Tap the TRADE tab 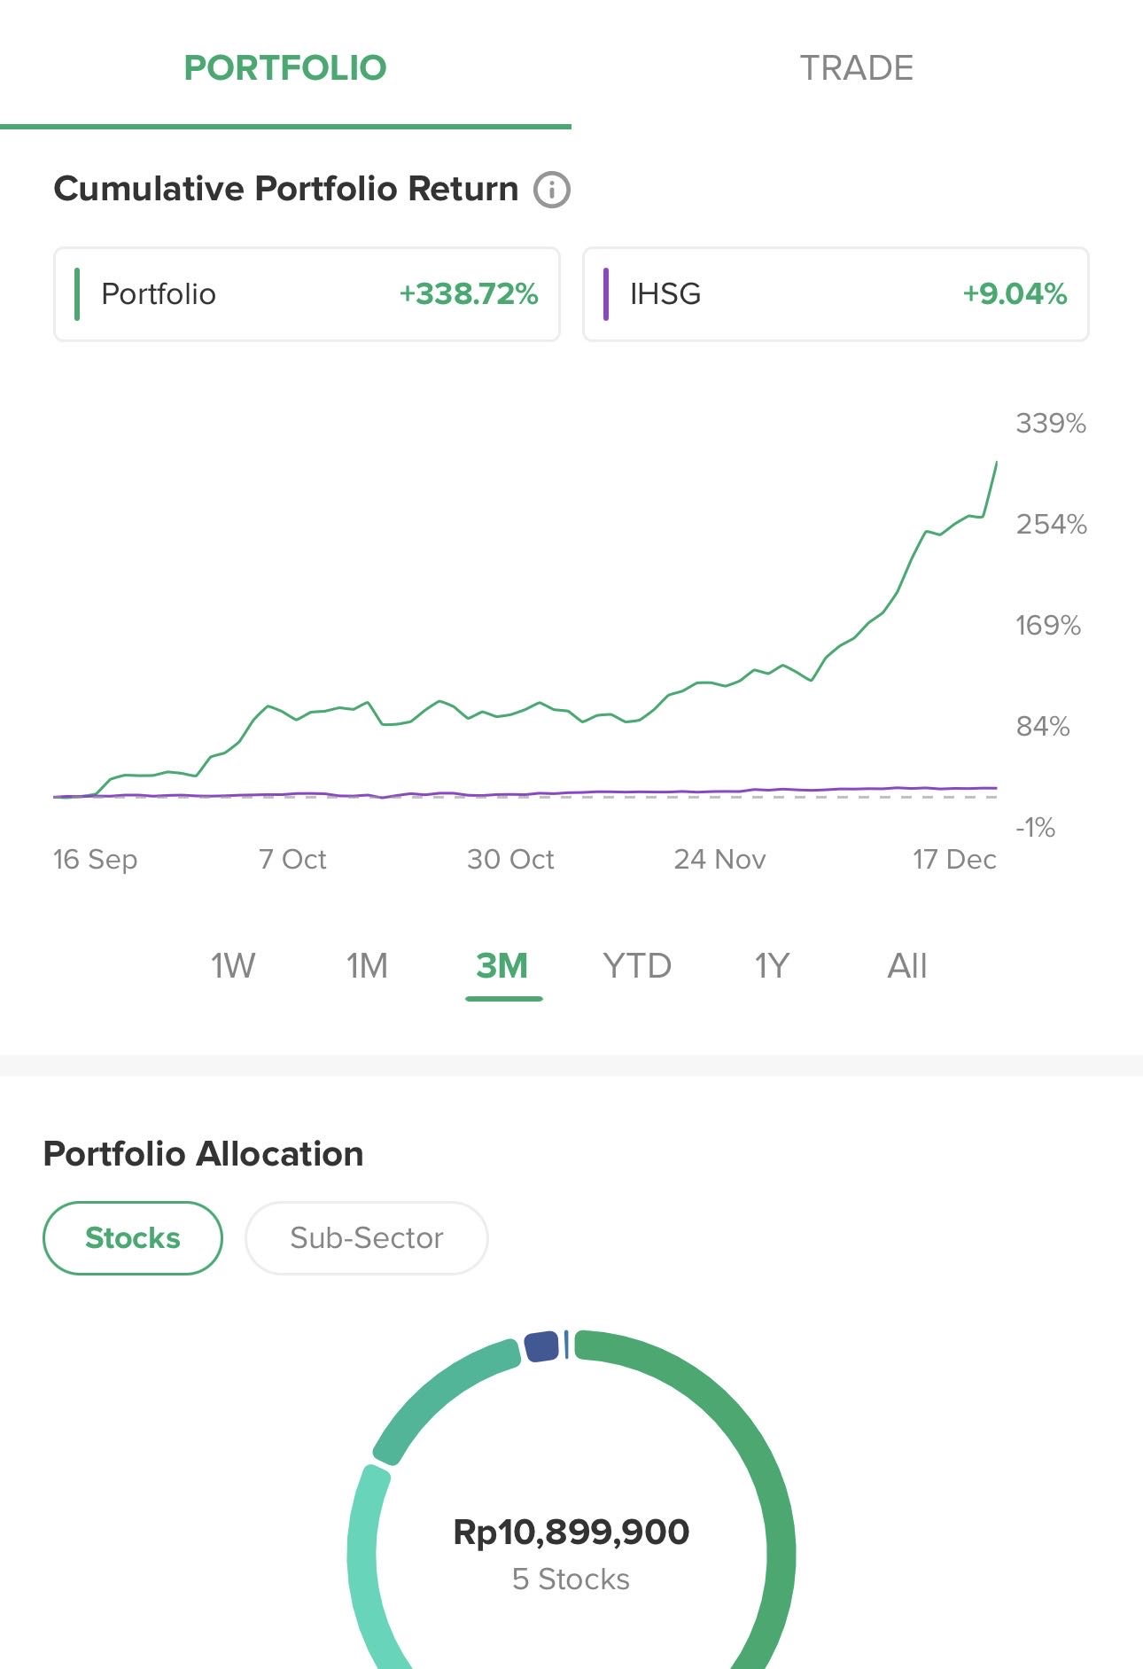pyautogui.click(x=856, y=68)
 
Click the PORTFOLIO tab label pyautogui.click(x=285, y=68)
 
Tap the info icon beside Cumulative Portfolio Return pyautogui.click(x=551, y=190)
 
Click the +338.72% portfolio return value pyautogui.click(x=468, y=294)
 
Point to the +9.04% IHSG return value pyautogui.click(x=1015, y=294)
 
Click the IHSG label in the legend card pyautogui.click(x=665, y=294)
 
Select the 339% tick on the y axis pyautogui.click(x=1051, y=424)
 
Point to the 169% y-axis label pyautogui.click(x=1048, y=626)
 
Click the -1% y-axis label pyautogui.click(x=1035, y=828)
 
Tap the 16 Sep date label pyautogui.click(x=95, y=859)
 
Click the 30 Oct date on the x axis pyautogui.click(x=510, y=859)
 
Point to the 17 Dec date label pyautogui.click(x=954, y=859)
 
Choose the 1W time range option pyautogui.click(x=233, y=965)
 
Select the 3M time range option pyautogui.click(x=502, y=965)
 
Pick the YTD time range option pyautogui.click(x=637, y=965)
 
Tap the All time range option pyautogui.click(x=907, y=965)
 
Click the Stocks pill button pyautogui.click(x=133, y=1237)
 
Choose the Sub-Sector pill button pyautogui.click(x=366, y=1237)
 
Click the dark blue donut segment pyautogui.click(x=541, y=1346)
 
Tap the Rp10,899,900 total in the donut pyautogui.click(x=571, y=1532)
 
